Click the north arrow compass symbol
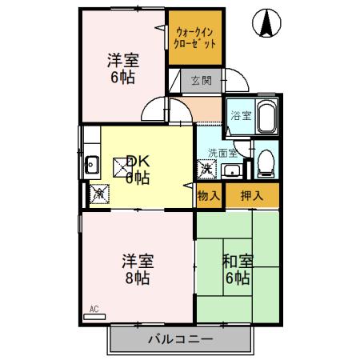tap(266, 24)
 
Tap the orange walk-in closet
tap(195, 37)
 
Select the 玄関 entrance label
tap(201, 80)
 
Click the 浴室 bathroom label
tap(238, 115)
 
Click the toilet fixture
tap(266, 162)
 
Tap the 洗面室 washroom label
tap(222, 153)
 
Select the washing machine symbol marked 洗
tap(206, 169)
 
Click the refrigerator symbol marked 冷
tap(100, 192)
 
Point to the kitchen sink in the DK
tap(91, 167)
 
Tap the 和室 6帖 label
tap(238, 270)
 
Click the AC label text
tap(94, 308)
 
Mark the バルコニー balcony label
tap(180, 338)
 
